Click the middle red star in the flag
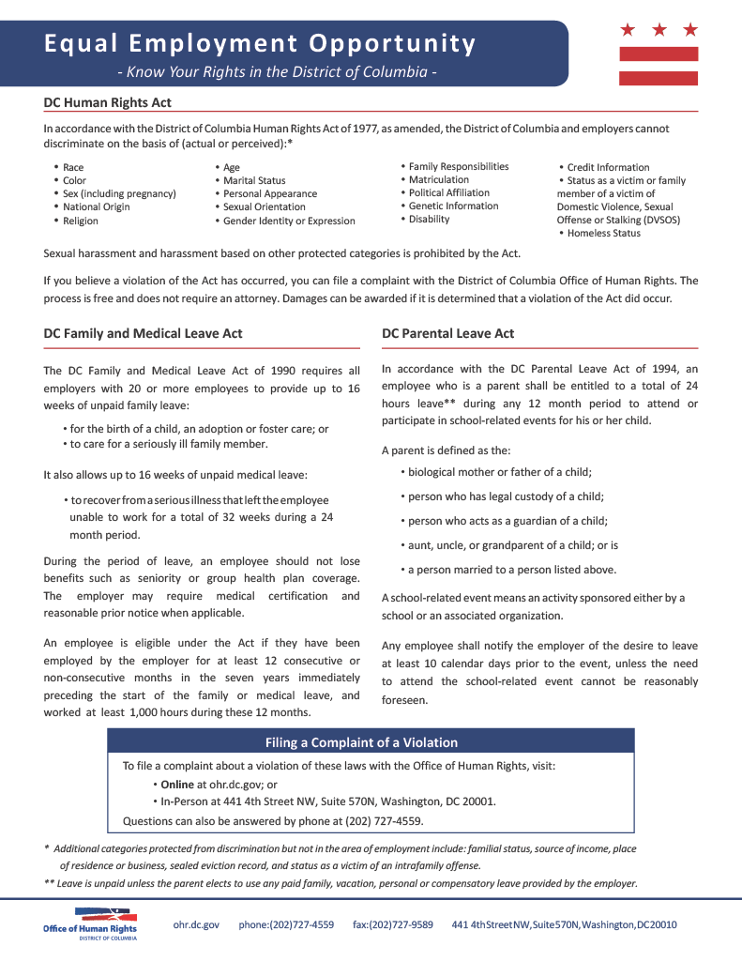click(659, 30)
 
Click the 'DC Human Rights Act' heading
click(108, 102)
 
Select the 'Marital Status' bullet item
click(254, 180)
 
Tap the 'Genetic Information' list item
click(453, 206)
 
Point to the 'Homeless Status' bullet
click(603, 233)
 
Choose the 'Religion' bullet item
click(81, 221)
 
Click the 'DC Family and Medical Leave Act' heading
click(143, 333)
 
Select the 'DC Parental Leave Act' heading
click(447, 333)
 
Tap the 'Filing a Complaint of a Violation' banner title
click(361, 742)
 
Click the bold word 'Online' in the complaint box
click(177, 784)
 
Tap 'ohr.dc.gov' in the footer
click(196, 924)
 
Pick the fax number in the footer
click(393, 924)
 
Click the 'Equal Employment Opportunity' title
click(260, 43)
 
